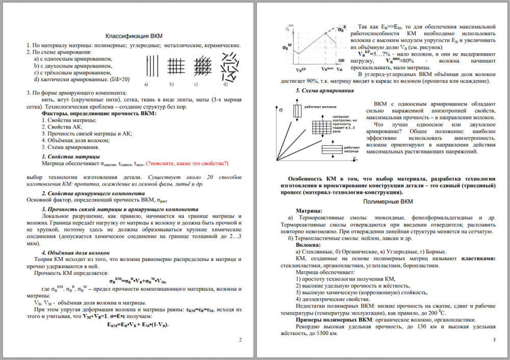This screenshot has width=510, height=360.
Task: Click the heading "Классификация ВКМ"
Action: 134,37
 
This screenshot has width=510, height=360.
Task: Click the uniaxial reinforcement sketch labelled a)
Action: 149,66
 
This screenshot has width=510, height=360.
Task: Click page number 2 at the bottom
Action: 240,339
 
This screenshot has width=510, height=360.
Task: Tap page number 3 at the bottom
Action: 494,339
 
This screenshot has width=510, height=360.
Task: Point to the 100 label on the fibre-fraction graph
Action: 341,60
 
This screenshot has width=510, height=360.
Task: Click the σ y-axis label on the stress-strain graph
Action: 281,110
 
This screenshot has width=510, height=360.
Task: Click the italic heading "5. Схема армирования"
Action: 325,91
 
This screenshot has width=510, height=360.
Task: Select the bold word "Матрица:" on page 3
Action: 309,211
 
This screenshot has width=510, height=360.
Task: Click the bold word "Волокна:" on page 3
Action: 309,245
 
